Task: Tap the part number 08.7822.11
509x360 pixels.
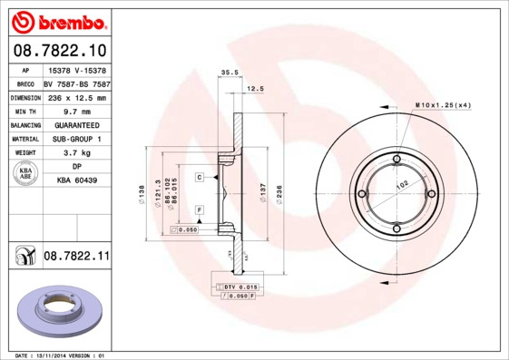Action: coord(76,258)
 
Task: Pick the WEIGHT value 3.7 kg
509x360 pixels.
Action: coord(76,153)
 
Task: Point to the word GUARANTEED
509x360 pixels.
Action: coord(76,124)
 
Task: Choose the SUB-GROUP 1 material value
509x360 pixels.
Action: coord(76,139)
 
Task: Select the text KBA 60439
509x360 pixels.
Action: coord(76,181)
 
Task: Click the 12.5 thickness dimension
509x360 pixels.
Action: coord(255,89)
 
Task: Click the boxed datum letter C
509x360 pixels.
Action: coord(198,177)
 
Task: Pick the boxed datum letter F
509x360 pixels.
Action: coord(198,210)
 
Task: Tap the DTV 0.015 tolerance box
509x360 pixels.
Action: coord(238,287)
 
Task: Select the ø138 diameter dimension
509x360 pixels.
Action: coord(142,192)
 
